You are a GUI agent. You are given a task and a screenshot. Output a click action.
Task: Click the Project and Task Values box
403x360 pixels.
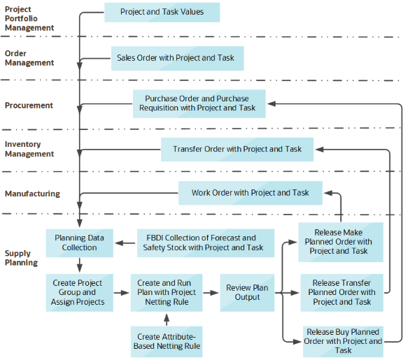(x=162, y=12)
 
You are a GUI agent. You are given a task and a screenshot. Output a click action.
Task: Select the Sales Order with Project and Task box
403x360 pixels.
(x=176, y=58)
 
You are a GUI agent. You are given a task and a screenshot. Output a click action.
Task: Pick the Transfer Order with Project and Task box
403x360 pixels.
(x=237, y=149)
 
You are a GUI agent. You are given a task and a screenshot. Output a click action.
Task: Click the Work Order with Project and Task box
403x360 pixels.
(x=250, y=193)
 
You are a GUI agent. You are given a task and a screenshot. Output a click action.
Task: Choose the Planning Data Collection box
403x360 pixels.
(x=80, y=243)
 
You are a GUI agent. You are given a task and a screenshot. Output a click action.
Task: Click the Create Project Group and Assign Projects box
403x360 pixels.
(x=77, y=292)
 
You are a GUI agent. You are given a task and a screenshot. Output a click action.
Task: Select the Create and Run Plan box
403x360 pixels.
(x=167, y=292)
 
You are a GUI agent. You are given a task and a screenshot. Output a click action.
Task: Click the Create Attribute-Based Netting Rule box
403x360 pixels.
(x=167, y=341)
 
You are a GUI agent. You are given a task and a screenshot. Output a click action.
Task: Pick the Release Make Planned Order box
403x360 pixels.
(x=341, y=241)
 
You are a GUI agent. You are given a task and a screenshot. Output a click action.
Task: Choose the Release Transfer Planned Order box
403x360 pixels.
(x=342, y=292)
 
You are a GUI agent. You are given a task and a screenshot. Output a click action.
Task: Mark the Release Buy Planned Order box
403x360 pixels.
(x=343, y=341)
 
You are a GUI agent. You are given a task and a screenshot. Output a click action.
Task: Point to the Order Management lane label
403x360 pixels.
(x=29, y=58)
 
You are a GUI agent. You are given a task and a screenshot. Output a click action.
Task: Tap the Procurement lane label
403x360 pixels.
(x=29, y=106)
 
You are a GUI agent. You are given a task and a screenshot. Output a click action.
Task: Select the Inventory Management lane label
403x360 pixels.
(x=29, y=149)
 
